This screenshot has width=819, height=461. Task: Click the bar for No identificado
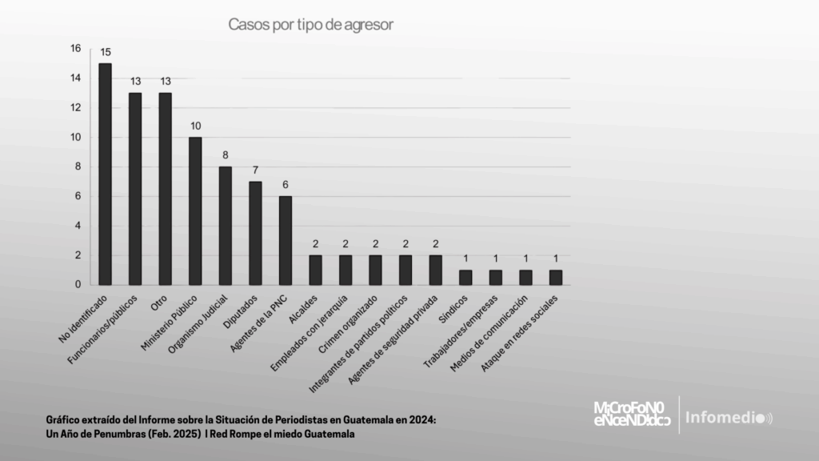[x=105, y=174]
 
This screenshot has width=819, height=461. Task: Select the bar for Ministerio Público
[x=195, y=210]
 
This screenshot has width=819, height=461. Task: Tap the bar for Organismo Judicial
[x=226, y=225]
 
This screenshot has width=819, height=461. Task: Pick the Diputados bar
[x=255, y=233]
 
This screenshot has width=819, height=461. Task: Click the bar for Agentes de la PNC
[x=286, y=240]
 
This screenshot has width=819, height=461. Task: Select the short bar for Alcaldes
[x=315, y=270]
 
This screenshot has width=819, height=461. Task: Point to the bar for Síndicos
[x=465, y=277]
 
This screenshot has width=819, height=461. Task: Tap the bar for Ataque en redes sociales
[x=555, y=277]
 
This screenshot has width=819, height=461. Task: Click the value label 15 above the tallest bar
[x=105, y=53]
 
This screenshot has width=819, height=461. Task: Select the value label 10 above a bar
[x=195, y=126]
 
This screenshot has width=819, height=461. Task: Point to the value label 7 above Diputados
[x=255, y=171]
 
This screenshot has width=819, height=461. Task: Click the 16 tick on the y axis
[x=76, y=49]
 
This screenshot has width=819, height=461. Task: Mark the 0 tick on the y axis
[x=78, y=284]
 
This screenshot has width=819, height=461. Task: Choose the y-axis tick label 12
[x=76, y=108]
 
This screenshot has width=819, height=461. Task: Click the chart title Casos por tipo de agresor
[x=311, y=24]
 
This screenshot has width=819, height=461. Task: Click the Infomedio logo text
[x=725, y=418]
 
